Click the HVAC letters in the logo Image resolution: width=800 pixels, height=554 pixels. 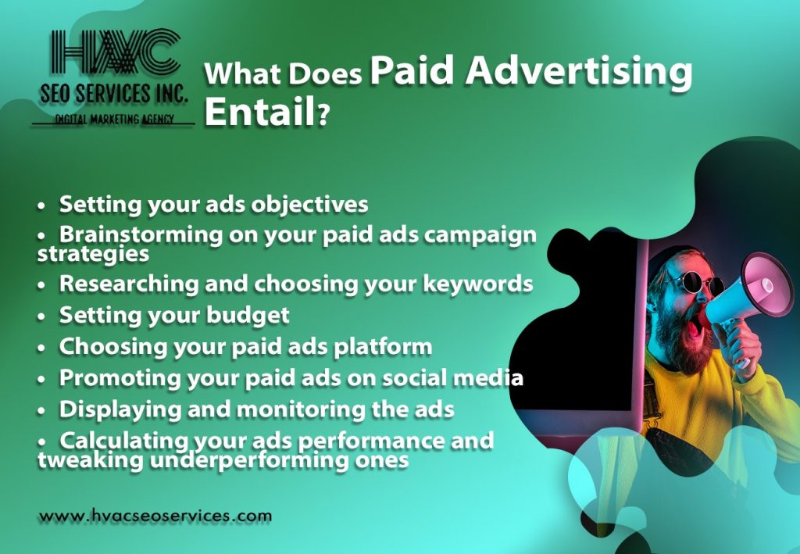pos(116,52)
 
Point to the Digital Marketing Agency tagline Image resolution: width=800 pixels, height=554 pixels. pos(114,120)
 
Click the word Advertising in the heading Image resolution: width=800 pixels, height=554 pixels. pos(578,71)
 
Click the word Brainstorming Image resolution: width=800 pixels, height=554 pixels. pos(141,236)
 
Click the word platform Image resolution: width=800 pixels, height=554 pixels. pos(383,347)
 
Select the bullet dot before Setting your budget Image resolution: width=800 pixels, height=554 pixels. pos(41,316)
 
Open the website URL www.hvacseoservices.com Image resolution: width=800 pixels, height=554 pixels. pos(155,516)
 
